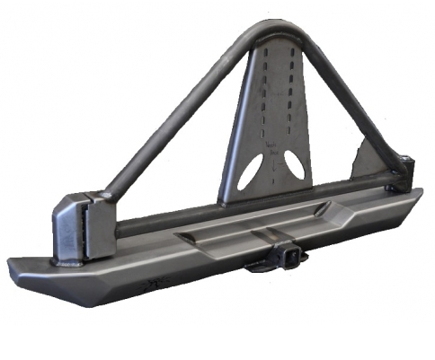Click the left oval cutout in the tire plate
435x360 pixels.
coord(251,171)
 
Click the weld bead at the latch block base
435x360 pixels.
coord(72,262)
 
